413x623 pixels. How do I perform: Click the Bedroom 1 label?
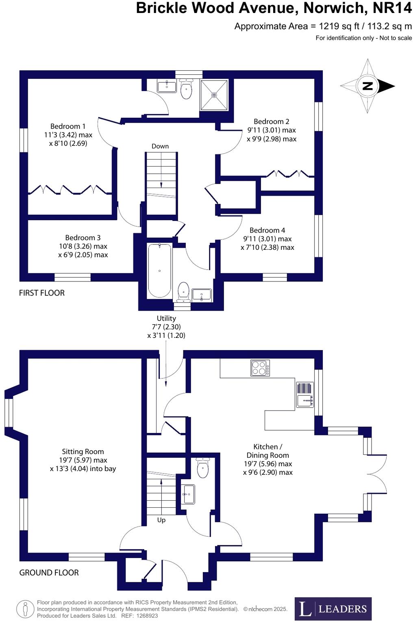[x=68, y=126]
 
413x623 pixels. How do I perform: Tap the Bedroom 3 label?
[x=83, y=238]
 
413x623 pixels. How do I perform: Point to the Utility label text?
[x=166, y=318]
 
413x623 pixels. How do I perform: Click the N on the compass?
[x=367, y=86]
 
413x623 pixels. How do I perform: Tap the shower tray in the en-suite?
[x=214, y=95]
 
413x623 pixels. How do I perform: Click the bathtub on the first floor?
[x=159, y=270]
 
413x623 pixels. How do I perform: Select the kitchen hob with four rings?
[x=260, y=368]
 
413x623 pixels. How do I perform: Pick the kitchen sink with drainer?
[x=305, y=395]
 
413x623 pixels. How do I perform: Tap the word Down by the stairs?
[x=160, y=146]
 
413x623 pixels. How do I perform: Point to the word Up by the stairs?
[x=161, y=520]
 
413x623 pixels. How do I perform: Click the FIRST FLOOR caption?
[x=42, y=293]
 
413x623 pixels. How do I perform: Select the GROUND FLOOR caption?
[x=49, y=573]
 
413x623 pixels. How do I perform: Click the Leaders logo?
[x=333, y=609]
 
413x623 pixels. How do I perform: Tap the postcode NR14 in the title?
[x=392, y=8]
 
